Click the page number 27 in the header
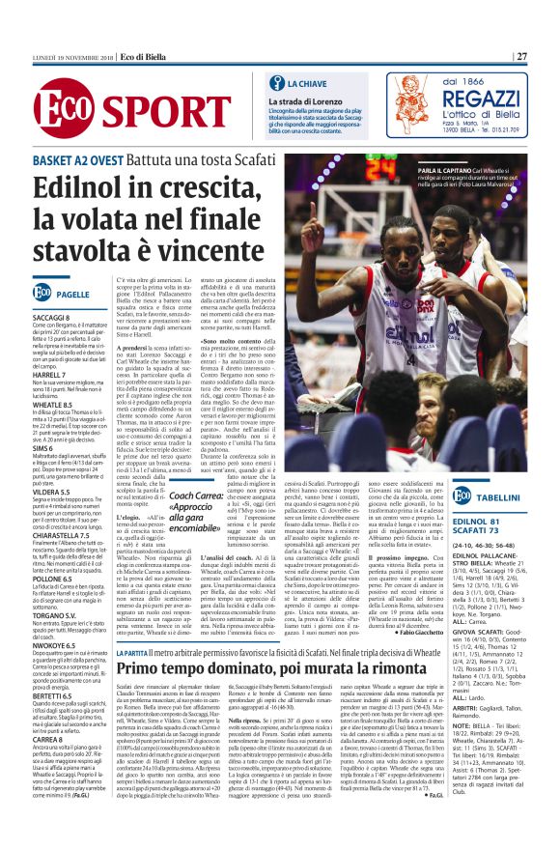[x=521, y=56]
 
